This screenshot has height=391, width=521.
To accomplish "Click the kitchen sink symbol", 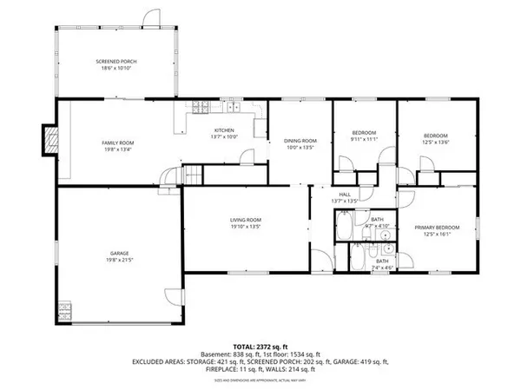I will (x=232, y=109).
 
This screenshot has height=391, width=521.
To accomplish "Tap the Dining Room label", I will (x=301, y=141).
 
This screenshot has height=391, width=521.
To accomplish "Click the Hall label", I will (x=345, y=195).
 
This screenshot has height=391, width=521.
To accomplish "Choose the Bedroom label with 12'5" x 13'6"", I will (x=435, y=136).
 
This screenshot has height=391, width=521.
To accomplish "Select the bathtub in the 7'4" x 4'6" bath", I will (x=357, y=258).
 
